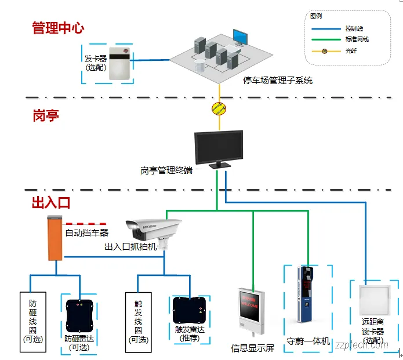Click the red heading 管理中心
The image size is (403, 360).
(58, 28)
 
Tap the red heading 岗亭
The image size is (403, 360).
(46, 115)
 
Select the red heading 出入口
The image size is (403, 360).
(51, 202)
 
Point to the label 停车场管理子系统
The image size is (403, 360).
(278, 81)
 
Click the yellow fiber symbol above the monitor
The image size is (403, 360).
(219, 108)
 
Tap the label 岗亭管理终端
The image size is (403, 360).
(166, 170)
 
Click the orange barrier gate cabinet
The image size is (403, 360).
(55, 238)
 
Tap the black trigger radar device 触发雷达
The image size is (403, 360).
(190, 312)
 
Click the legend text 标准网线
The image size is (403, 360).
(357, 39)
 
